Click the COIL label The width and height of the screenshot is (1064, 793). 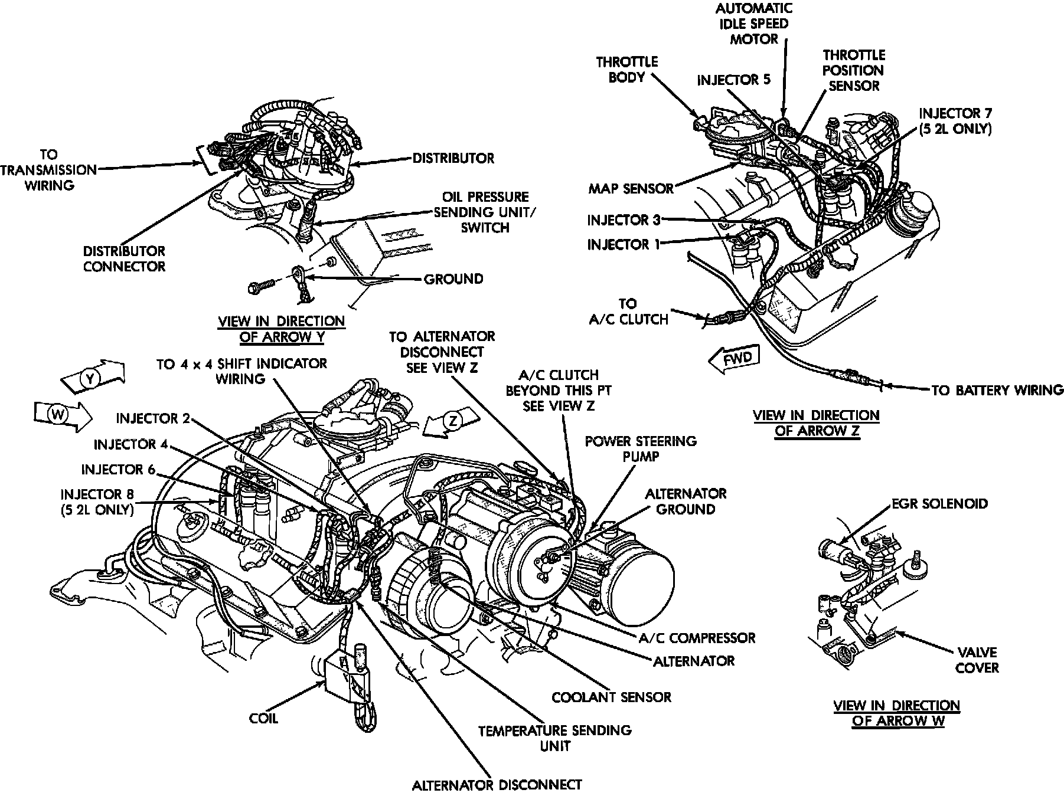pos(263,719)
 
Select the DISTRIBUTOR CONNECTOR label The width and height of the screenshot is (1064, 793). pos(124,259)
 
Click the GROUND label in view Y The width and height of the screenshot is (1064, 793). pos(453,279)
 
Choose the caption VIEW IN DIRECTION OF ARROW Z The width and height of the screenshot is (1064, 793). pos(816,423)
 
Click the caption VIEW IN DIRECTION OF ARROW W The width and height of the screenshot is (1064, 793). pos(896,713)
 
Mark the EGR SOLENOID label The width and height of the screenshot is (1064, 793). pos(939,504)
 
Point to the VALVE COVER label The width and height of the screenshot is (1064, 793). pos(977,660)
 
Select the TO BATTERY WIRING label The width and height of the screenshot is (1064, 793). pos(997,390)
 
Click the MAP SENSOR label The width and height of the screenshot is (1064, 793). pos(631,188)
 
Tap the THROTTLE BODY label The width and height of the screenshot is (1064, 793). pos(626,70)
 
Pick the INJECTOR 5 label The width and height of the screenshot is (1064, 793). pos(733,80)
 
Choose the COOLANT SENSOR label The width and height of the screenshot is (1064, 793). pos(611,697)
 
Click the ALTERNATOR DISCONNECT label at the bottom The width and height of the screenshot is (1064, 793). pos(497,784)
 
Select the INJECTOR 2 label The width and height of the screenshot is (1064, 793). pos(153,419)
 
